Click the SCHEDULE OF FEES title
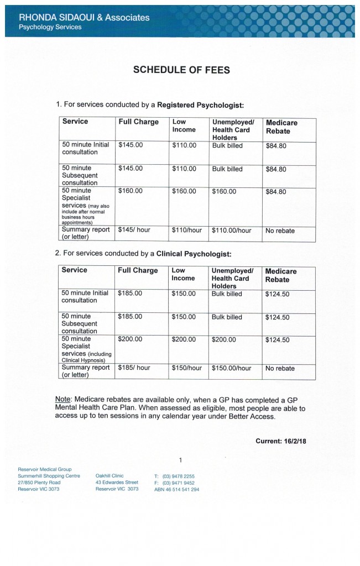181,70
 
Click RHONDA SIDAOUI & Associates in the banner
84,17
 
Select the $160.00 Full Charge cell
131,191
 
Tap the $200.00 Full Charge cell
130,339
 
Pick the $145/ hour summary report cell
134,230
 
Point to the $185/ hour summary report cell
134,368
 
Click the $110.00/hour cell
232,230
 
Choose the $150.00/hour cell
232,368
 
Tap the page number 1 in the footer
180,460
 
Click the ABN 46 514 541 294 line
176,489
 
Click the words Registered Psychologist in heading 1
200,104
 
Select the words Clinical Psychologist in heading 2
194,254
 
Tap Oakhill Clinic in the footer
109,475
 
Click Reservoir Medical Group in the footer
44,469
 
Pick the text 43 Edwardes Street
116,482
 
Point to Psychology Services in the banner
50,27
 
